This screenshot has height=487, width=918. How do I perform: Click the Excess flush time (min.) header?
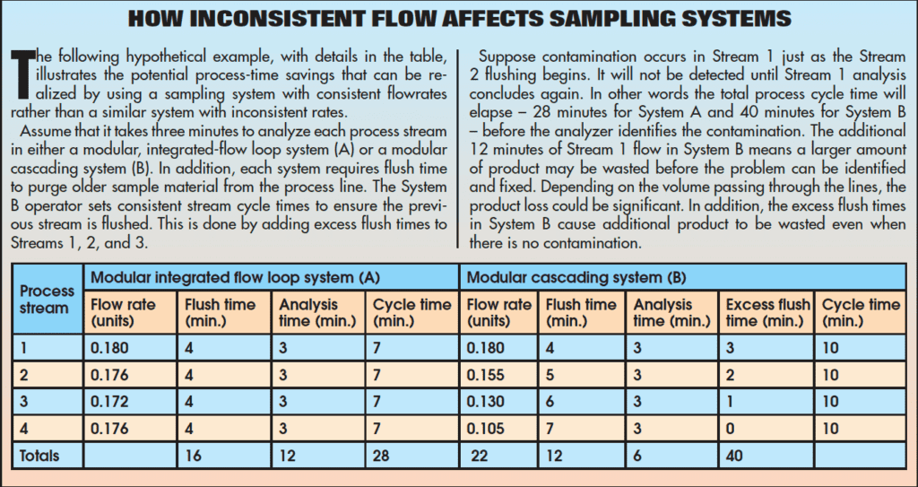[x=767, y=313]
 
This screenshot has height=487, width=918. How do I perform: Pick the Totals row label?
[x=40, y=456]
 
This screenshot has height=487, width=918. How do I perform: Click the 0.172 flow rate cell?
[x=111, y=402]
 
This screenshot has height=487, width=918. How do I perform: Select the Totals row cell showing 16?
[x=195, y=456]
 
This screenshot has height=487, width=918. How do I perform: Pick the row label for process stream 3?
[x=23, y=402]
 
